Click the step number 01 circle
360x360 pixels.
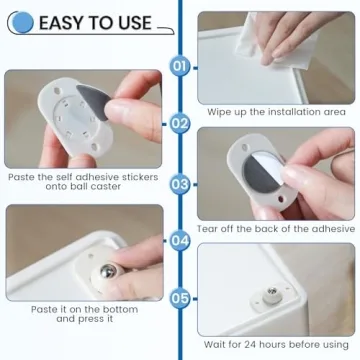point(180,67)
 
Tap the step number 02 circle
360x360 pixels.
point(180,124)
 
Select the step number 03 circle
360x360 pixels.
point(180,182)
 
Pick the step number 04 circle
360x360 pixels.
point(180,240)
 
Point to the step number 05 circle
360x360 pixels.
point(180,297)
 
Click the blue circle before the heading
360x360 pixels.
point(22,22)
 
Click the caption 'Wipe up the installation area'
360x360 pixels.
point(276,112)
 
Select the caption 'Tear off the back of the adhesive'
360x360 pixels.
point(276,228)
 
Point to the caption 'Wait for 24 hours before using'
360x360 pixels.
point(276,344)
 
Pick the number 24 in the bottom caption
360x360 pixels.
point(257,344)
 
